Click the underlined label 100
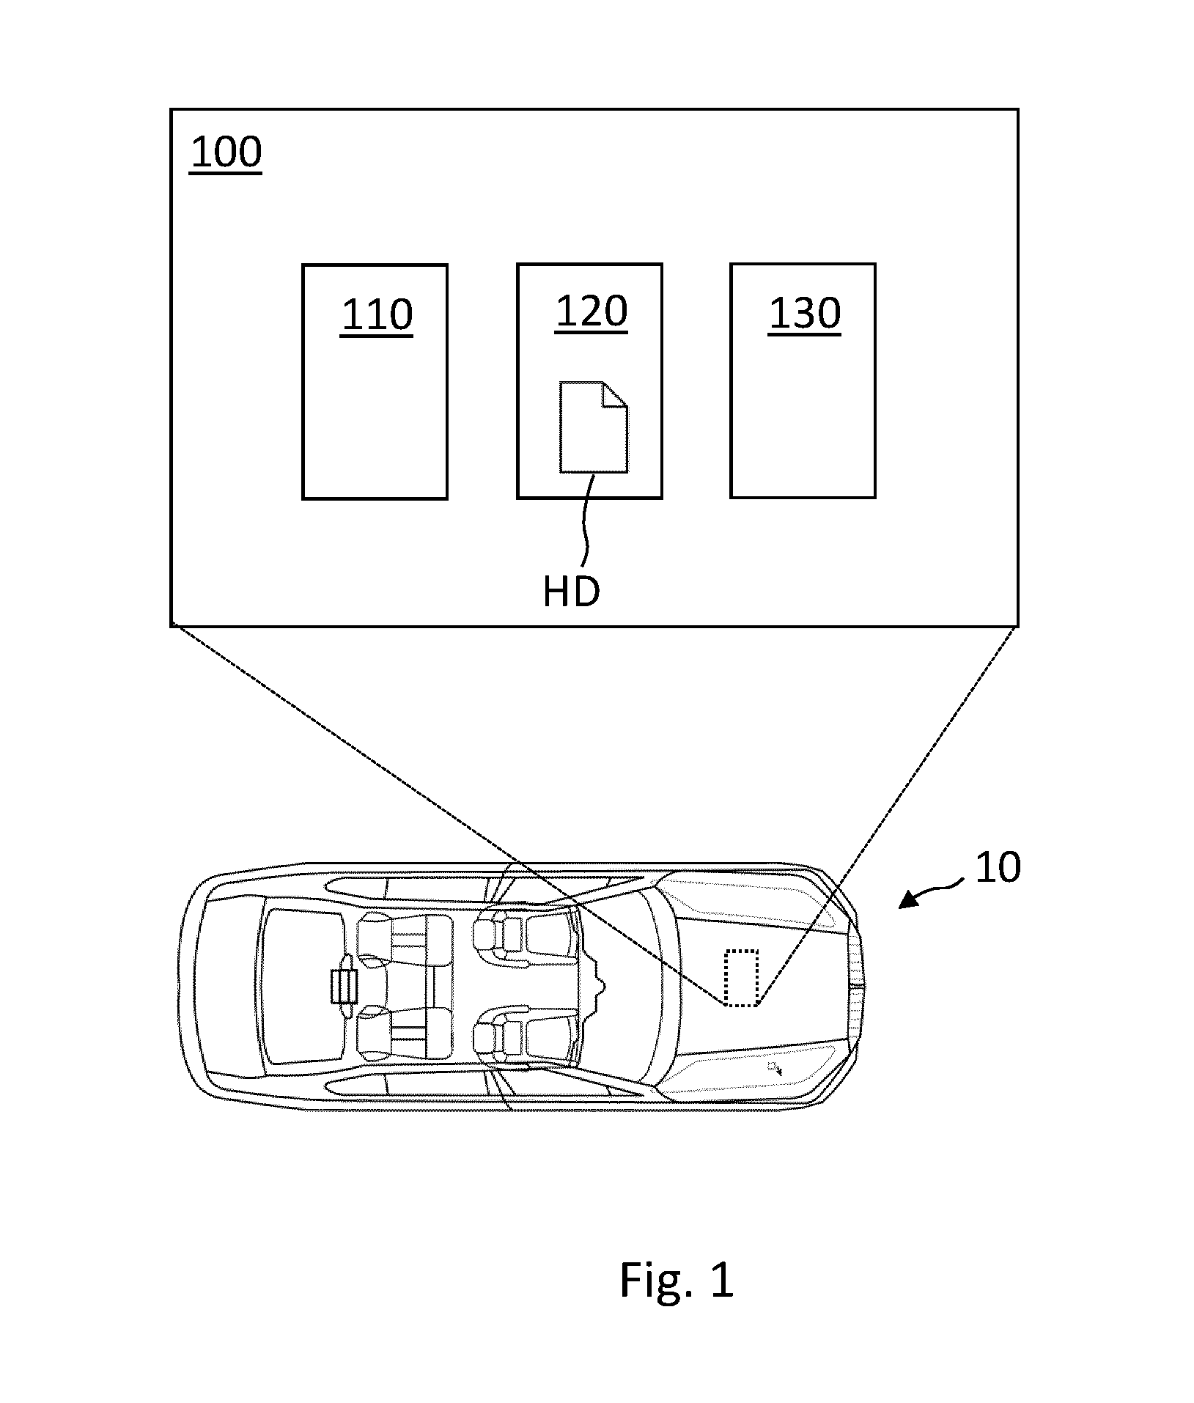226,153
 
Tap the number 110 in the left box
377,316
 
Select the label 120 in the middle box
591,312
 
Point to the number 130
804,314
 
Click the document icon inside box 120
594,427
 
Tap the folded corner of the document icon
614,394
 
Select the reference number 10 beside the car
998,868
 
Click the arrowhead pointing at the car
908,899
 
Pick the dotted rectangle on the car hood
741,977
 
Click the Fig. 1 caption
676,1281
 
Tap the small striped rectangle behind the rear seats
344,986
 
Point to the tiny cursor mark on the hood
774,1067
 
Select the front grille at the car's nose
856,985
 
